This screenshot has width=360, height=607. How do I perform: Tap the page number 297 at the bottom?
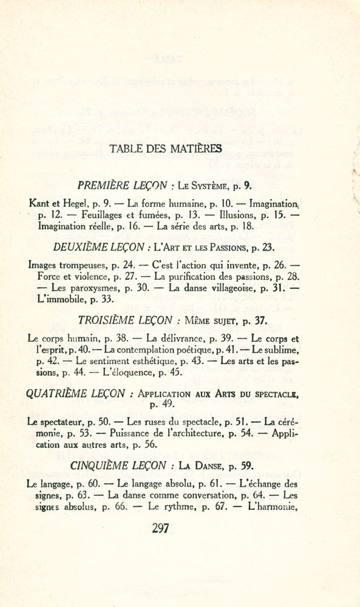160,527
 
